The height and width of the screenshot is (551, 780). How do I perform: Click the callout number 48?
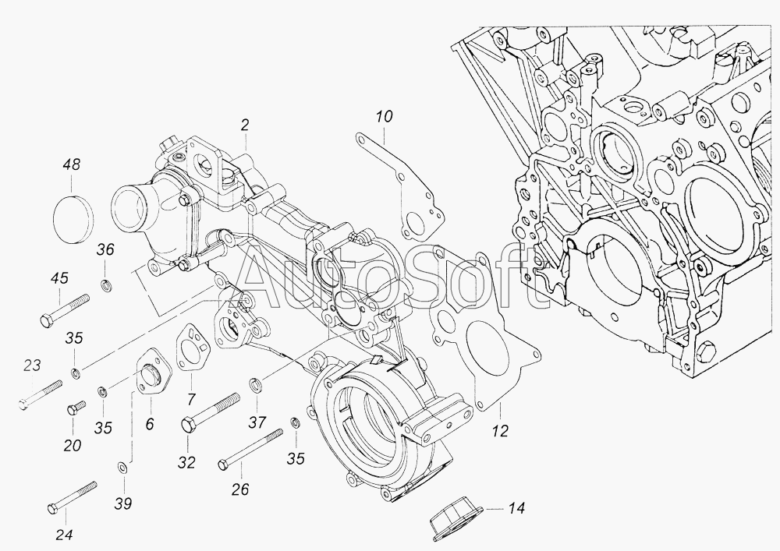coord(72,164)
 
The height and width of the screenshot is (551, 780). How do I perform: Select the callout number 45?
coord(59,277)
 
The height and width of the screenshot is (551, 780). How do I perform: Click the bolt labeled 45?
coord(65,310)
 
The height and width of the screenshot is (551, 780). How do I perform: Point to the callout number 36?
coord(105,249)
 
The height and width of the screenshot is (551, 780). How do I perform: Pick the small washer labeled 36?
coord(105,286)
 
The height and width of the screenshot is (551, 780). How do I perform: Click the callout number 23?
coord(32,366)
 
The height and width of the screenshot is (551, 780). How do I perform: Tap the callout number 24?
coord(64,535)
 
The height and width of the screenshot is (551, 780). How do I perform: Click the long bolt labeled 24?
coord(72,497)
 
